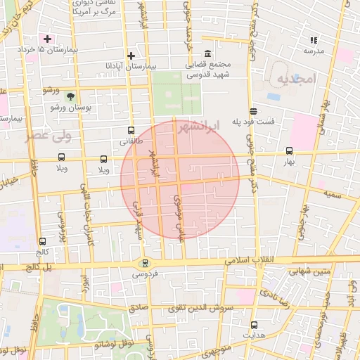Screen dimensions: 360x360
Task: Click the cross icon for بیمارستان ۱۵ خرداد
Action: (x=47, y=38)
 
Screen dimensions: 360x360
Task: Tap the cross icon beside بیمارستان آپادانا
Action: (x=131, y=56)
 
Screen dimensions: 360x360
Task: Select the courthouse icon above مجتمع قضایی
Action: (x=207, y=54)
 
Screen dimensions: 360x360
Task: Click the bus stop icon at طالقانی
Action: (x=131, y=130)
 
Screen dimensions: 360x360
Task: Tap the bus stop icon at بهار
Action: (x=289, y=150)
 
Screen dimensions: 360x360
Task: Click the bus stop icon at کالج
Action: (x=43, y=240)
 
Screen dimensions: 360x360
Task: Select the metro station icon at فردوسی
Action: (x=145, y=264)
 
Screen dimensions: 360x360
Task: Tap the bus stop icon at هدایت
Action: (x=255, y=324)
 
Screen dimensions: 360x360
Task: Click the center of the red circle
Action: (x=180, y=179)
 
